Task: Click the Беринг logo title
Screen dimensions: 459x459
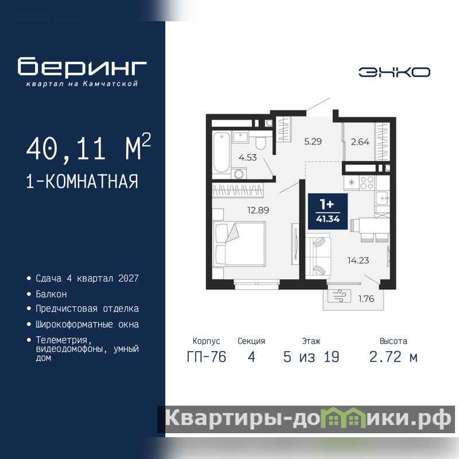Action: pyautogui.click(x=82, y=67)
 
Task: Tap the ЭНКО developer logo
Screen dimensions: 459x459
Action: pyautogui.click(x=394, y=72)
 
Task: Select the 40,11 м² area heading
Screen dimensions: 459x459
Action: pyautogui.click(x=88, y=147)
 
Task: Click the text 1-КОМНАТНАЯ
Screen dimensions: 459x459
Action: pyautogui.click(x=82, y=181)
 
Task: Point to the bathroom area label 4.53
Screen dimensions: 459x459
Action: pyautogui.click(x=248, y=157)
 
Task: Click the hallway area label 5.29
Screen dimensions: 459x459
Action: pyautogui.click(x=313, y=142)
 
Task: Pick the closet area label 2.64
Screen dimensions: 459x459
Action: pyautogui.click(x=360, y=142)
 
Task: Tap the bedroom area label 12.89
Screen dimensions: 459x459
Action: pyautogui.click(x=258, y=210)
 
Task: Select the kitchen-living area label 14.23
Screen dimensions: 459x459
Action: pyautogui.click(x=358, y=260)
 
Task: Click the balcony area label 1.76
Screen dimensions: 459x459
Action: pyautogui.click(x=366, y=298)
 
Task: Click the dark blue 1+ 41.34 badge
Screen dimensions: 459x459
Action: pyautogui.click(x=328, y=211)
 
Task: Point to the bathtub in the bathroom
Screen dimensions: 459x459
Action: pyautogui.click(x=221, y=153)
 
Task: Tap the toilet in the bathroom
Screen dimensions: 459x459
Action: pyautogui.click(x=260, y=141)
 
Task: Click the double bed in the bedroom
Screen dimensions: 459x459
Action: pyautogui.click(x=240, y=244)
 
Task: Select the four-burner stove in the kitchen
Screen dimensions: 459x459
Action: pyautogui.click(x=367, y=183)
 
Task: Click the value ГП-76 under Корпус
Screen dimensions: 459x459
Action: pyautogui.click(x=207, y=357)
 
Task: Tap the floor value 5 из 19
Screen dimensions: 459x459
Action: pyautogui.click(x=311, y=357)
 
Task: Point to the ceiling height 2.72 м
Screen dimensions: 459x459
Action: pyautogui.click(x=394, y=357)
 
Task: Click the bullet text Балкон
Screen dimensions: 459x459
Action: pyautogui.click(x=51, y=294)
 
